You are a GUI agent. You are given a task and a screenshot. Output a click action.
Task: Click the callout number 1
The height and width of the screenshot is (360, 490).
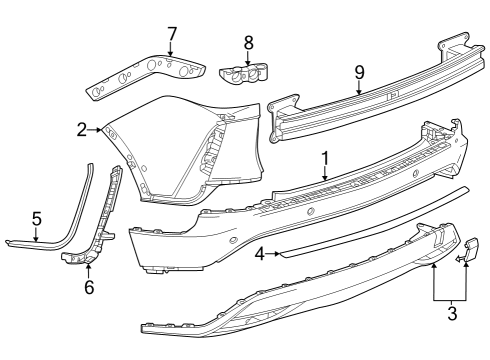tap(324, 158)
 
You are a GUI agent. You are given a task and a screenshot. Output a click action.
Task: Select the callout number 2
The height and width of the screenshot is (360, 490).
tap(81, 129)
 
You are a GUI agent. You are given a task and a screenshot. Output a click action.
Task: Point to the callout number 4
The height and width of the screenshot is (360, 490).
tap(260, 254)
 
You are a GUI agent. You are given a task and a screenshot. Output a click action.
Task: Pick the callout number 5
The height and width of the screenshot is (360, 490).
tap(36, 217)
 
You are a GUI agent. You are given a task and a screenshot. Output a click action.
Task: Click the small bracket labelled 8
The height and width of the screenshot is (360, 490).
tap(244, 72)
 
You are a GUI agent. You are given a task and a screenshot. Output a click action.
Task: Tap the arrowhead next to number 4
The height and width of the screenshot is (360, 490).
tap(277, 254)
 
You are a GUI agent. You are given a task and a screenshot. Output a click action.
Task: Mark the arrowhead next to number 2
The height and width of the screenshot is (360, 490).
tap(99, 129)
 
